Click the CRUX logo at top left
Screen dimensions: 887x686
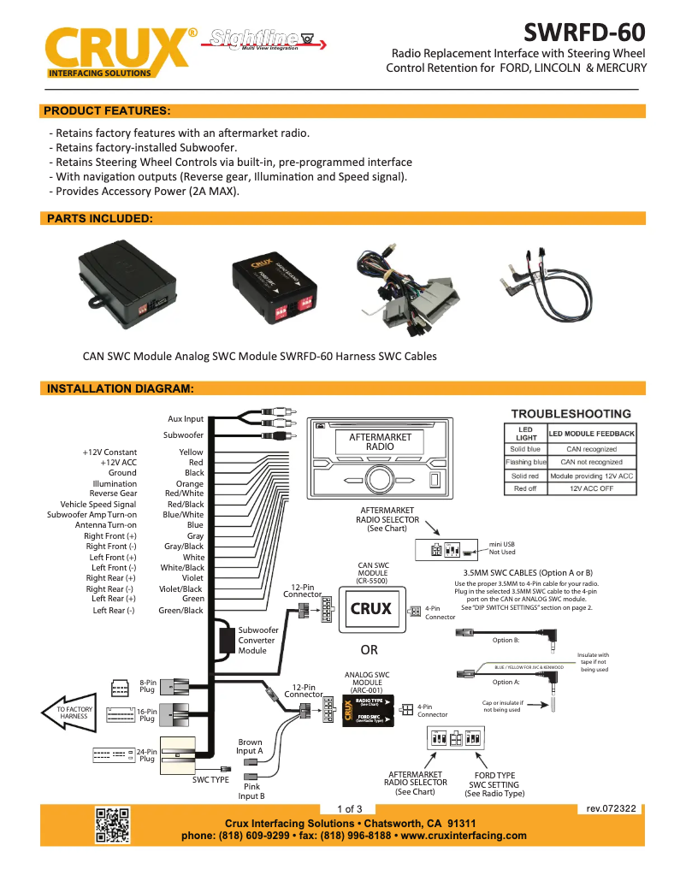[x=118, y=53]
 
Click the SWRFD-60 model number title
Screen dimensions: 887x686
[x=584, y=33]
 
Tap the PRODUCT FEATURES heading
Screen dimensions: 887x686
[x=107, y=111]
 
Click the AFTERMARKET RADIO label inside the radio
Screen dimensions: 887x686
[x=380, y=442]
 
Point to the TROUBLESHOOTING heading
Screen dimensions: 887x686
[x=571, y=414]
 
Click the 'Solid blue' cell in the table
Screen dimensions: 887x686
[x=525, y=449]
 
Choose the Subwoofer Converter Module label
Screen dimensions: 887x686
[x=257, y=641]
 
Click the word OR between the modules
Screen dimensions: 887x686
[x=369, y=650]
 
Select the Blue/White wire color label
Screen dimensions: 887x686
[x=183, y=515]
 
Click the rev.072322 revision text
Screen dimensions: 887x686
[x=611, y=808]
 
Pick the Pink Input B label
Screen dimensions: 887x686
[x=251, y=791]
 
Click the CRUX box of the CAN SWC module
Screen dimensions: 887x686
[x=371, y=609]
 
